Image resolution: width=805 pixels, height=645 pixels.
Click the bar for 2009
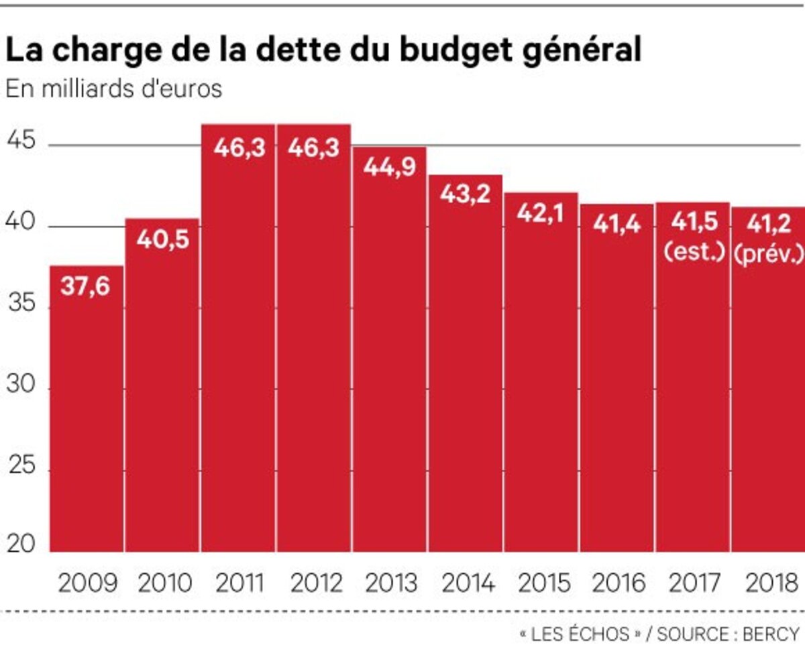click(x=87, y=409)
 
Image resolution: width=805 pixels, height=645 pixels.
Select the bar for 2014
click(x=466, y=365)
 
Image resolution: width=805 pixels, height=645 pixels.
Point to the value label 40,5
click(x=162, y=239)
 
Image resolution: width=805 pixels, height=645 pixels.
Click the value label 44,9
click(x=389, y=168)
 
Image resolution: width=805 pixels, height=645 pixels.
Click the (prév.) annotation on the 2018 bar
click(x=768, y=255)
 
